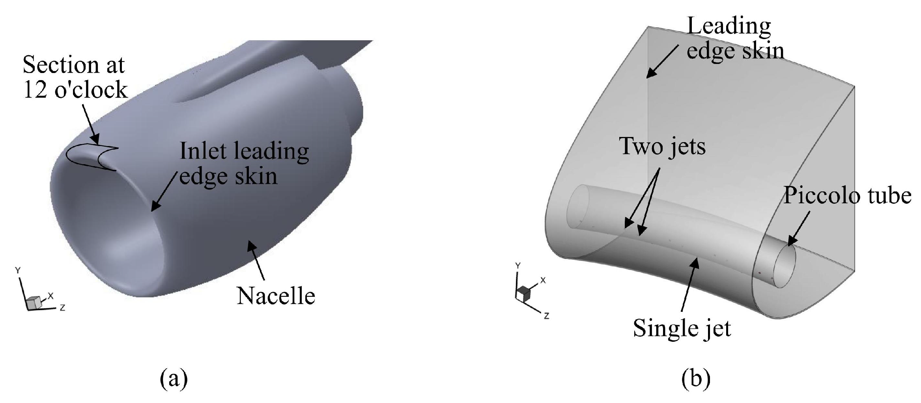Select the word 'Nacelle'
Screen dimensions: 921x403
pos(276,296)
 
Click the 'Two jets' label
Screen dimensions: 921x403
pos(663,146)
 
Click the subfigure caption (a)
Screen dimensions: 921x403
pos(174,379)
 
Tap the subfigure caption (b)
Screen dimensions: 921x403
pos(696,379)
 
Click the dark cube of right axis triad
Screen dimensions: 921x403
pos(524,292)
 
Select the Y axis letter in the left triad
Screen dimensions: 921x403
pos(17,270)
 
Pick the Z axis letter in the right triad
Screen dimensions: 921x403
pos(546,316)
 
